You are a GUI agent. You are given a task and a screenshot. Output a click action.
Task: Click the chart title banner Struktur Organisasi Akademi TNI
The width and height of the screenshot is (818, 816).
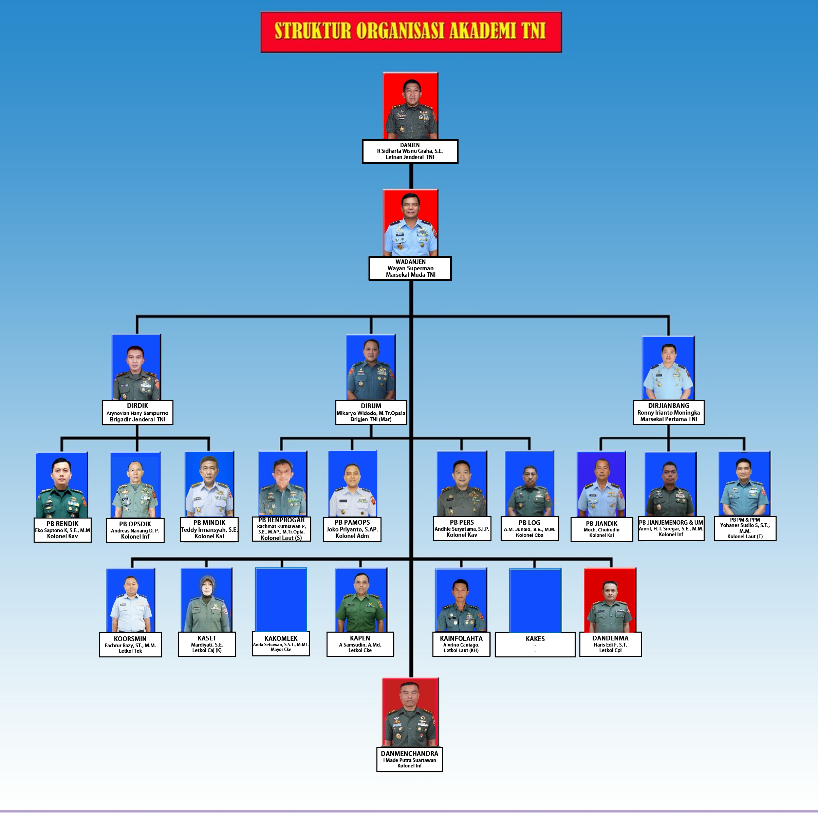[411, 32]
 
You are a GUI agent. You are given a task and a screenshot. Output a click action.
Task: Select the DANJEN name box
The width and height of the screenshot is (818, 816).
[410, 151]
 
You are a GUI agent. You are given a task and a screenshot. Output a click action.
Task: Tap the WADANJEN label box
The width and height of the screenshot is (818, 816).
[410, 268]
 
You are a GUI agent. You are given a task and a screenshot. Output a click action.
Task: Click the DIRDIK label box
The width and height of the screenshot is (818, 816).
[137, 412]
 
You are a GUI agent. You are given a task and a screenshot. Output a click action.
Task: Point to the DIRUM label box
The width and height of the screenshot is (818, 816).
[371, 412]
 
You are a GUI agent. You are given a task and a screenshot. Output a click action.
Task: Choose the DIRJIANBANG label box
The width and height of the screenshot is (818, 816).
[669, 412]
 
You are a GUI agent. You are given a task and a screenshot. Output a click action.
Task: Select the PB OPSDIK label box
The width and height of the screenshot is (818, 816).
[135, 530]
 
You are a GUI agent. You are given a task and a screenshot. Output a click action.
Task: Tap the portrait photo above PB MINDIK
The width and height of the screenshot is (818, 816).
[209, 484]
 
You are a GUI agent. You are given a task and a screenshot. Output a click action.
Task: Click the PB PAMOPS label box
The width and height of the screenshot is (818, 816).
[352, 529]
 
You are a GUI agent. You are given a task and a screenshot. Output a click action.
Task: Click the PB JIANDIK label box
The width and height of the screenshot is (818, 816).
[602, 529]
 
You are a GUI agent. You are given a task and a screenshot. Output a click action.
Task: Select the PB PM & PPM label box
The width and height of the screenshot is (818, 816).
[745, 528]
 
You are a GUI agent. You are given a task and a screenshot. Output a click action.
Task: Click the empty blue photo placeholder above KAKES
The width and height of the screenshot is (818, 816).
[535, 600]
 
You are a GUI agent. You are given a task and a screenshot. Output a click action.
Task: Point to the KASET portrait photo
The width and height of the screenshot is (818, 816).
[207, 600]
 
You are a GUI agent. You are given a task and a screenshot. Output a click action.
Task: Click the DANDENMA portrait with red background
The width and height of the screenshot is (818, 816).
[610, 600]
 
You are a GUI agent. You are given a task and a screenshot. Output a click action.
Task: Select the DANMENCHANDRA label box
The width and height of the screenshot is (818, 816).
[409, 759]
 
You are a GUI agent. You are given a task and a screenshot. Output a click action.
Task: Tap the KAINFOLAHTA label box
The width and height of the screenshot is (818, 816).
[461, 644]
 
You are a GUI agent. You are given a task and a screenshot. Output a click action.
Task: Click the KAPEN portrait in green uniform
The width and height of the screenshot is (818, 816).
[361, 600]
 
